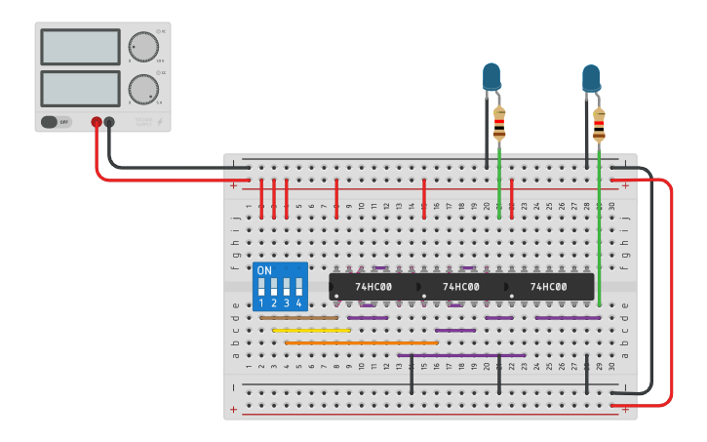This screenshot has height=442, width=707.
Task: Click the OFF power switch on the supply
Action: click(x=57, y=122)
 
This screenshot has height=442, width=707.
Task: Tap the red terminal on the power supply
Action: click(x=97, y=122)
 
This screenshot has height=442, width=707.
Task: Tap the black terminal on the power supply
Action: click(x=109, y=122)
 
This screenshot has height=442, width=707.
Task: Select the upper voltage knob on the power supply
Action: click(x=142, y=47)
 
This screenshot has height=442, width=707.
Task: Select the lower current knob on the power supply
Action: click(x=142, y=89)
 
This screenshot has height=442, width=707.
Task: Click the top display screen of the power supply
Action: click(x=80, y=47)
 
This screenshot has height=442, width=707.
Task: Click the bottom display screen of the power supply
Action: click(x=80, y=89)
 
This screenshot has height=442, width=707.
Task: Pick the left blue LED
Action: click(x=491, y=76)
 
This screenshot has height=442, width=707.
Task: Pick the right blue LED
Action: click(x=591, y=78)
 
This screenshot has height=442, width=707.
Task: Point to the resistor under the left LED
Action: click(x=499, y=123)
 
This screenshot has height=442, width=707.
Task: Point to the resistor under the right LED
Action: click(x=599, y=125)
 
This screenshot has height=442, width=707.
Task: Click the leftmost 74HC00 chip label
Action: click(x=373, y=287)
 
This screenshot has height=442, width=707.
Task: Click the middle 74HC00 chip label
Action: click(x=460, y=287)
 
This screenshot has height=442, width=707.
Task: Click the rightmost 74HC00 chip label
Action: click(x=548, y=287)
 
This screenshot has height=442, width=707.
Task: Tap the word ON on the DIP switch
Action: click(x=264, y=270)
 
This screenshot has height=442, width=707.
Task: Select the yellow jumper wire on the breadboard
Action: click(x=311, y=331)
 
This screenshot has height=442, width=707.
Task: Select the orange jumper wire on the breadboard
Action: click(x=361, y=343)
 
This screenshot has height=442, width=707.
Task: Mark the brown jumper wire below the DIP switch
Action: click(x=298, y=318)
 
